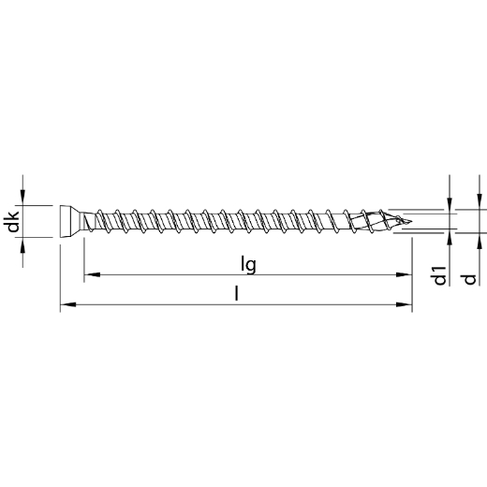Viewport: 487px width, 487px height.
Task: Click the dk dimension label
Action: [11, 223]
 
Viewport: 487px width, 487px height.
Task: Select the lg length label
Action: [247, 265]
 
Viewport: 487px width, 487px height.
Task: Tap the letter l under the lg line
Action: [237, 294]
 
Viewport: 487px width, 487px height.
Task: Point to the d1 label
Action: [437, 276]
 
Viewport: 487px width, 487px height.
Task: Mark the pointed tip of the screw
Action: [408, 222]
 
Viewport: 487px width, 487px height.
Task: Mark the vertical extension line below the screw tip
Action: [413, 272]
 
